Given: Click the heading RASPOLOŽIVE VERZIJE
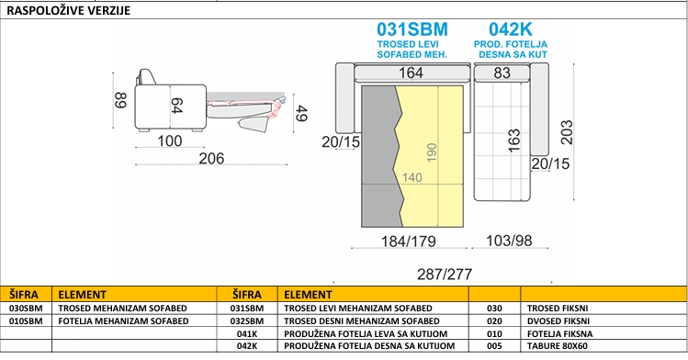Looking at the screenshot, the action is (69, 10).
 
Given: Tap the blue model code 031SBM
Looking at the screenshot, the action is (412, 29).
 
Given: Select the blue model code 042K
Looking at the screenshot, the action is (511, 29).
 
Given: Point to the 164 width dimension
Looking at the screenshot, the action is (411, 73).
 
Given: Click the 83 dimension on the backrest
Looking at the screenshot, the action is (502, 73).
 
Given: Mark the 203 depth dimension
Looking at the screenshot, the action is (567, 132).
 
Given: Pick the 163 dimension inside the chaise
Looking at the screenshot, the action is (513, 141).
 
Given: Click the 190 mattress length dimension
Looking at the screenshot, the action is (432, 152).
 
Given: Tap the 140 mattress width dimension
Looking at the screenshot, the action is (412, 177).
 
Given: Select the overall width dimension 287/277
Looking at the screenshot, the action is (445, 274).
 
